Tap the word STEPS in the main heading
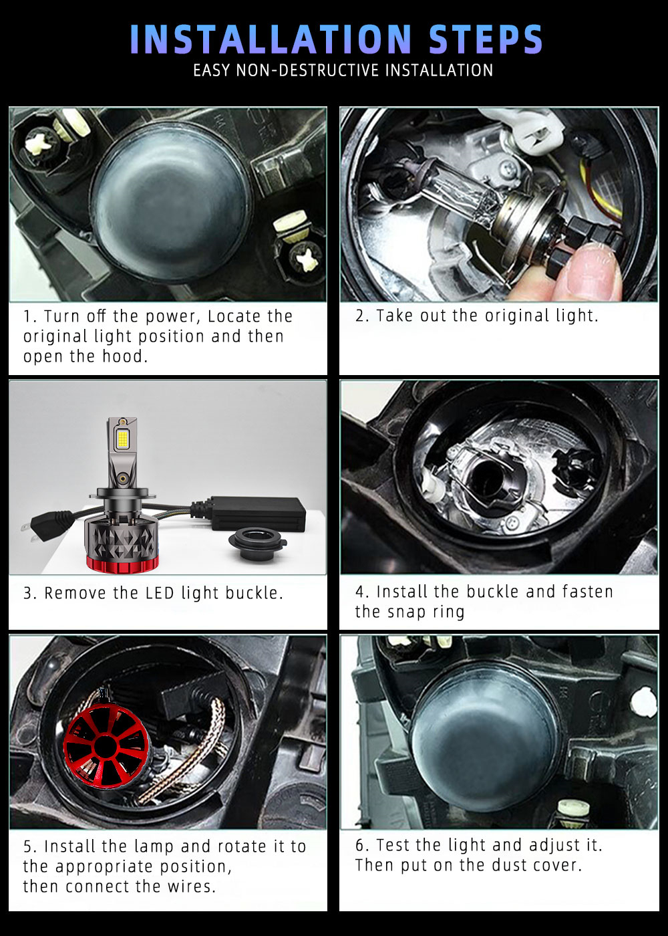[x=486, y=39]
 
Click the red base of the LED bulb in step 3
[x=123, y=564]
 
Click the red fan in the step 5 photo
[x=107, y=746]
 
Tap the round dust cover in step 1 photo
[x=171, y=201]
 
